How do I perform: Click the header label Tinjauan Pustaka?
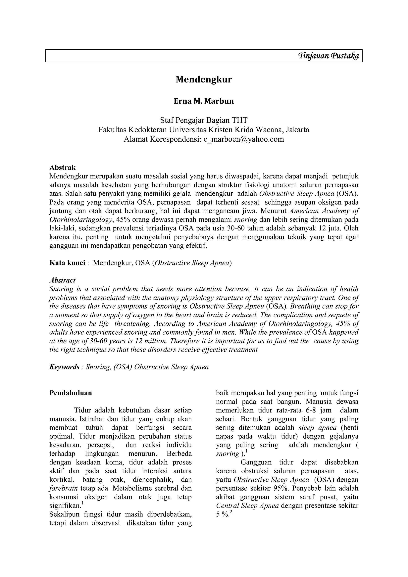pyautogui.click(x=328, y=56)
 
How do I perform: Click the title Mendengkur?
pyautogui.click(x=204, y=79)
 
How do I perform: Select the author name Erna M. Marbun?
pyautogui.click(x=204, y=101)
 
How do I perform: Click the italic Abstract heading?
pyautogui.click(x=62, y=280)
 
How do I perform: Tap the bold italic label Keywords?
pyautogui.click(x=64, y=367)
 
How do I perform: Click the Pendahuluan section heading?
pyautogui.click(x=71, y=393)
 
